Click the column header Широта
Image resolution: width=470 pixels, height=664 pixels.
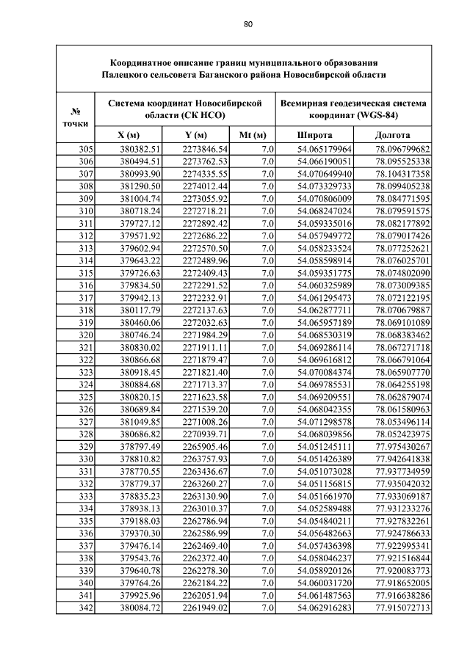pos(314,136)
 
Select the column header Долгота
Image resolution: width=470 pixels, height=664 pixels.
pos(392,136)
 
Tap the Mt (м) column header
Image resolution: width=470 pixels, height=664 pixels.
pos(253,136)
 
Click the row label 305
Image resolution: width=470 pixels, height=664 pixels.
pos(85,149)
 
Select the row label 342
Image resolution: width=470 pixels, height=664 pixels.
pos(85,608)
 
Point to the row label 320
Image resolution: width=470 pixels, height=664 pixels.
pos(85,335)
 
